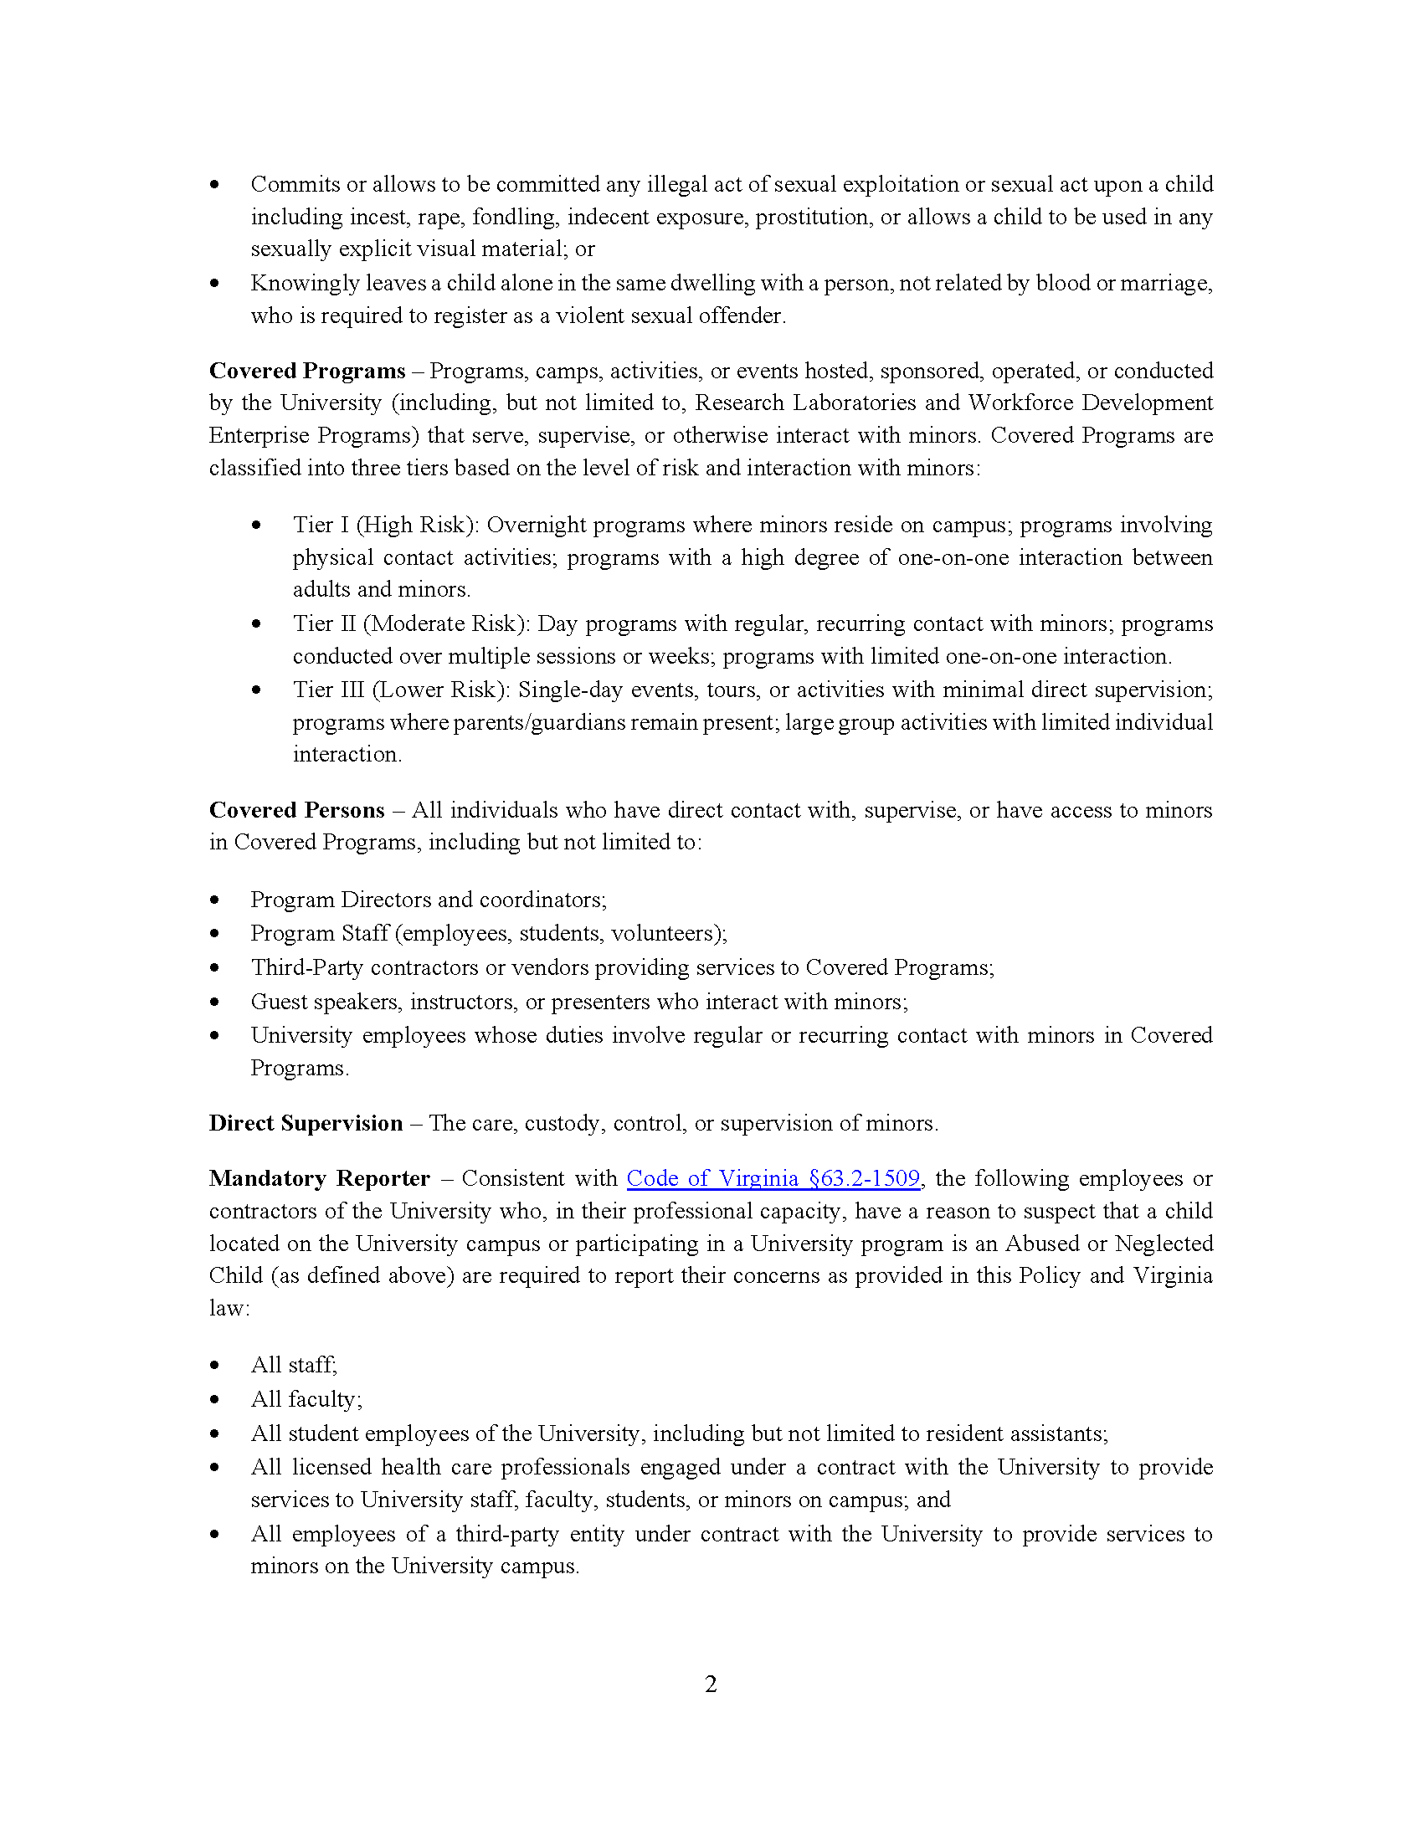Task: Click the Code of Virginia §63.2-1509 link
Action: click(773, 1178)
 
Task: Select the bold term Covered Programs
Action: click(307, 371)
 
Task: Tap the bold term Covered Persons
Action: click(297, 810)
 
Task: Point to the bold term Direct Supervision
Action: click(306, 1124)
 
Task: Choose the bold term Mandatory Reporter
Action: click(320, 1178)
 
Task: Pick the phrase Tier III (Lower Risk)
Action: click(401, 690)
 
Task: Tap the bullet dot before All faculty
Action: click(215, 1400)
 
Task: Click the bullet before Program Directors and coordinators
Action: click(215, 900)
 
